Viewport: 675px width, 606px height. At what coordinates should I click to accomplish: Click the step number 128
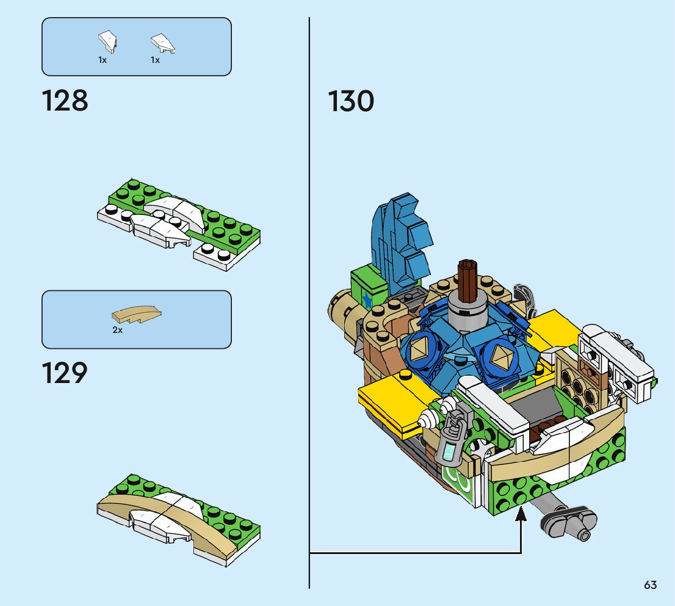(65, 101)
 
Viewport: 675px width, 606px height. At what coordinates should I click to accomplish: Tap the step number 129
(65, 373)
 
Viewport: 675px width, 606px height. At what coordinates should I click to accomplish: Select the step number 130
(351, 101)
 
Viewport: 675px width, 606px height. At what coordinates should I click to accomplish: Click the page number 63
(650, 585)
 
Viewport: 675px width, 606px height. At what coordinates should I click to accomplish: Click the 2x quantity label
(117, 330)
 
